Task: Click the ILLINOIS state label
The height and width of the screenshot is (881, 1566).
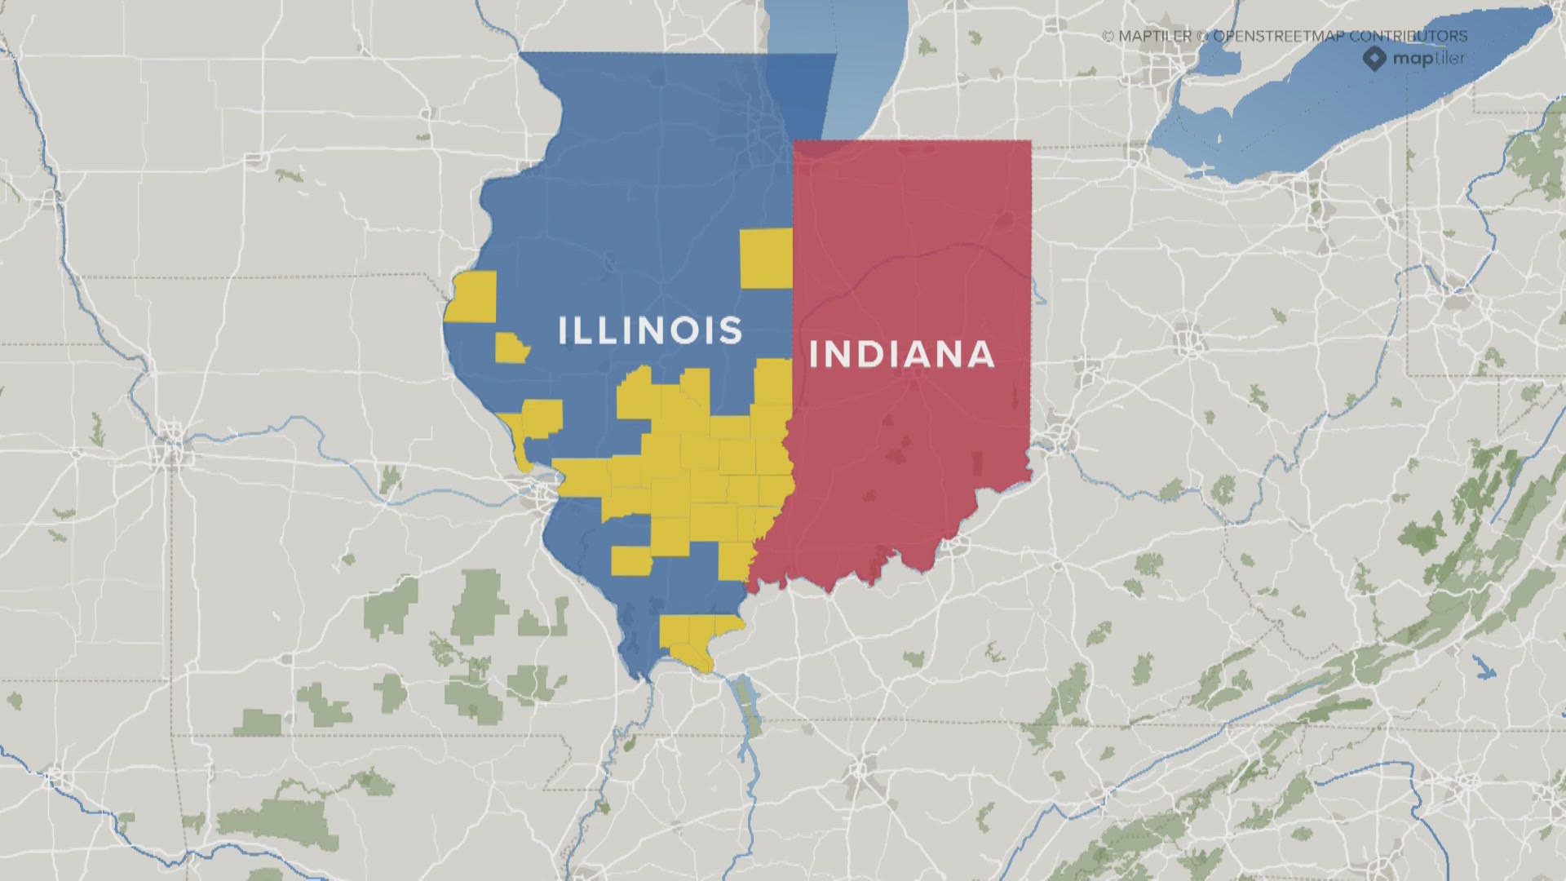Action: [650, 330]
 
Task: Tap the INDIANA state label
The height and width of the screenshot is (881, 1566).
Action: [901, 355]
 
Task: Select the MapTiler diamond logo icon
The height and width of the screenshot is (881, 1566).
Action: [1374, 58]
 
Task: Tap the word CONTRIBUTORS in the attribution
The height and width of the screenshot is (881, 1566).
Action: [1408, 36]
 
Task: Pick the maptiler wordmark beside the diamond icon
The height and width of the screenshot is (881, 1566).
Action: [1428, 58]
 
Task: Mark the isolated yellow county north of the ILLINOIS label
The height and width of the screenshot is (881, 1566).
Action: [766, 258]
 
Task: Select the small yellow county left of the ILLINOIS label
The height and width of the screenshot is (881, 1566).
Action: [511, 348]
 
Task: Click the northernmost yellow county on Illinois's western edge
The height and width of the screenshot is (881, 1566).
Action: [473, 295]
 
